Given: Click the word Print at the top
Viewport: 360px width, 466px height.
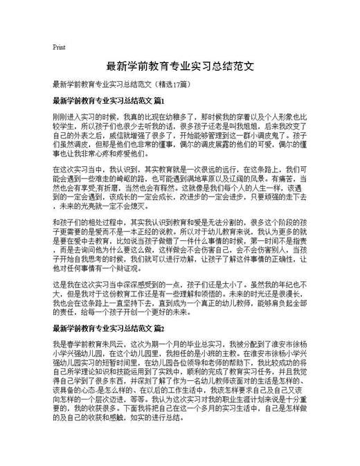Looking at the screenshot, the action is [x=59, y=47].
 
